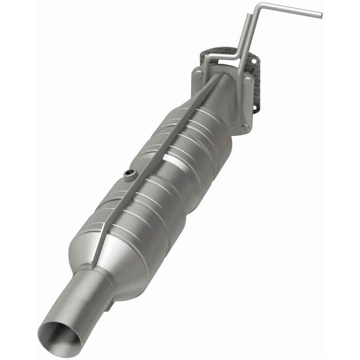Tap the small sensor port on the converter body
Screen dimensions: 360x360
130,174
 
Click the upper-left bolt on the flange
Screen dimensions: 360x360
199,74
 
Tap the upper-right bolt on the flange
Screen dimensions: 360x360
248,81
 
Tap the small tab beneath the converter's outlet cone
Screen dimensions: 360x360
110,307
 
